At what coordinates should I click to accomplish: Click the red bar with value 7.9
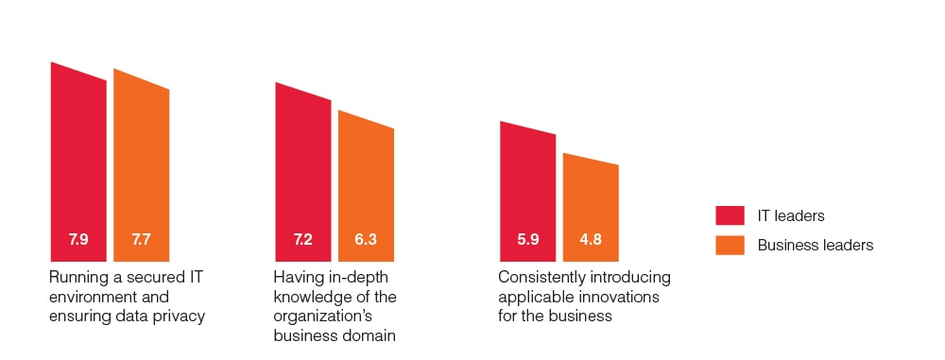78,161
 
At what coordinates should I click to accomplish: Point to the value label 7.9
78,240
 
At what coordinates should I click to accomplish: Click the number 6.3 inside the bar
366,240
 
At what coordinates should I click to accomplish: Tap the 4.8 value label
591,240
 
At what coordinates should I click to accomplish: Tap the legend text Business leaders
815,245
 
